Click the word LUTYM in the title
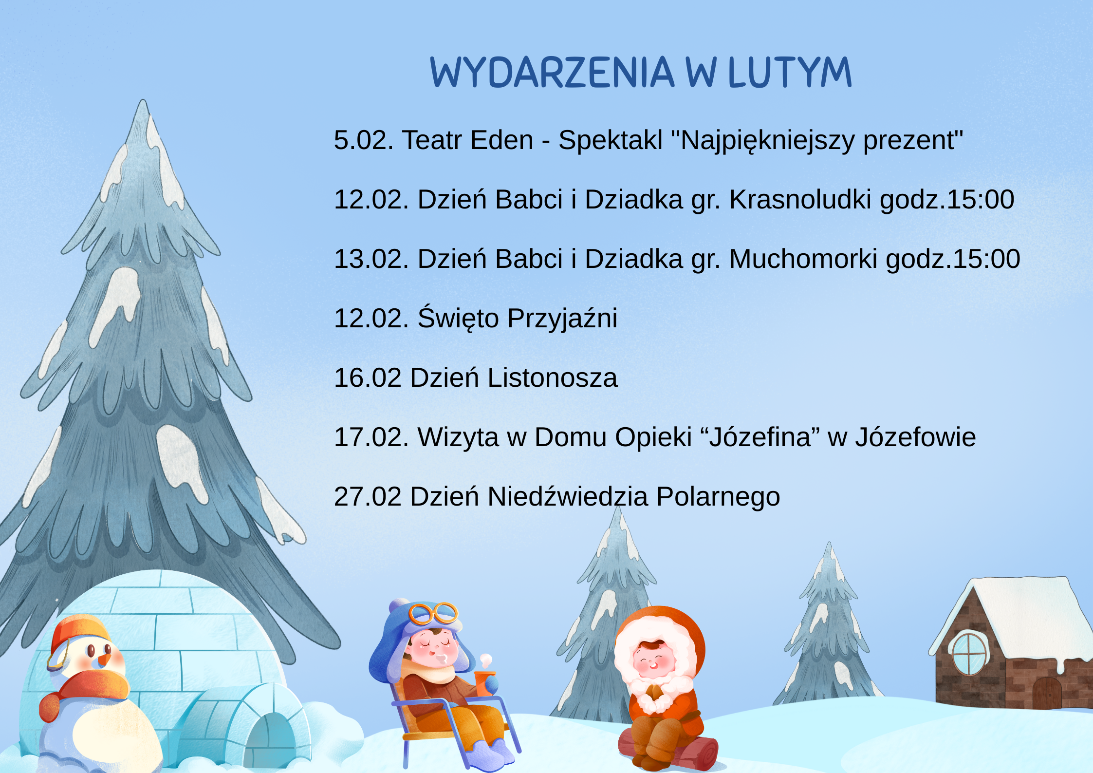(790, 72)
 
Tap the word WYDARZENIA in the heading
(552, 72)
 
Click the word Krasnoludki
(800, 199)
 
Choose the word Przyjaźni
(562, 319)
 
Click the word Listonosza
(553, 378)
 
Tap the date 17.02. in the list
(371, 437)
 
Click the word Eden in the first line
(502, 140)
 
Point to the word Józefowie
(915, 437)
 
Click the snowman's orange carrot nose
(104, 660)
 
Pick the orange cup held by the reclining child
(483, 683)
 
